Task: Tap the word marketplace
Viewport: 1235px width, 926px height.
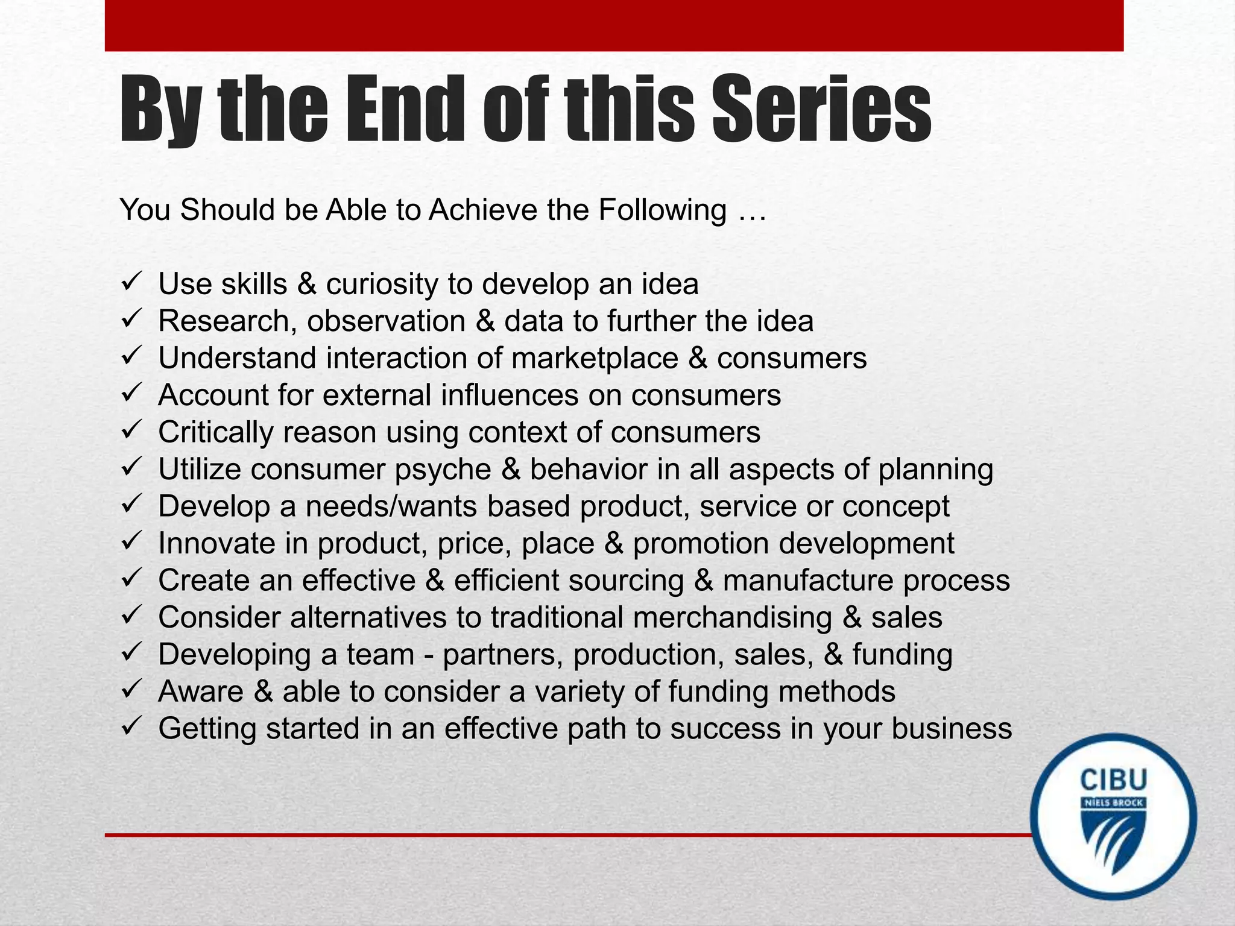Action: click(x=595, y=358)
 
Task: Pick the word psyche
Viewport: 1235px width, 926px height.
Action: click(x=443, y=470)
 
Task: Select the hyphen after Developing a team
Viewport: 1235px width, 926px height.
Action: click(x=429, y=655)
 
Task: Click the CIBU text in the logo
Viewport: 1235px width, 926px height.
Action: click(x=1113, y=780)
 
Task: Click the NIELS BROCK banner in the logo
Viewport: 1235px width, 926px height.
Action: click(x=1113, y=803)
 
